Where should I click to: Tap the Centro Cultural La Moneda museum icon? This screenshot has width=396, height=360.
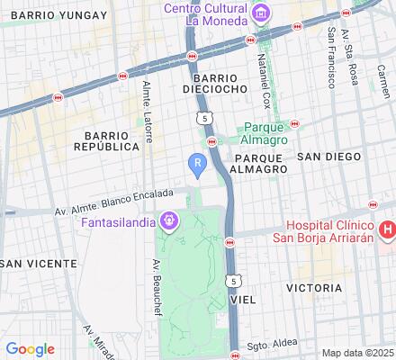pos(261,13)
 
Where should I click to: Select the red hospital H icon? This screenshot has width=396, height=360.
pos(387,231)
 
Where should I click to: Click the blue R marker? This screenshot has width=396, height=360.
pos(198,162)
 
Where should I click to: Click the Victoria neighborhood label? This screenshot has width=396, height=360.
pos(312,288)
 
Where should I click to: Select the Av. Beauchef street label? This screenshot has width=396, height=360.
pos(155,280)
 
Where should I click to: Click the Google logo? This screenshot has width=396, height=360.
pos(30,348)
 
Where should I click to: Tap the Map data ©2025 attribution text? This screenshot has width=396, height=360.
pos(356,352)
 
